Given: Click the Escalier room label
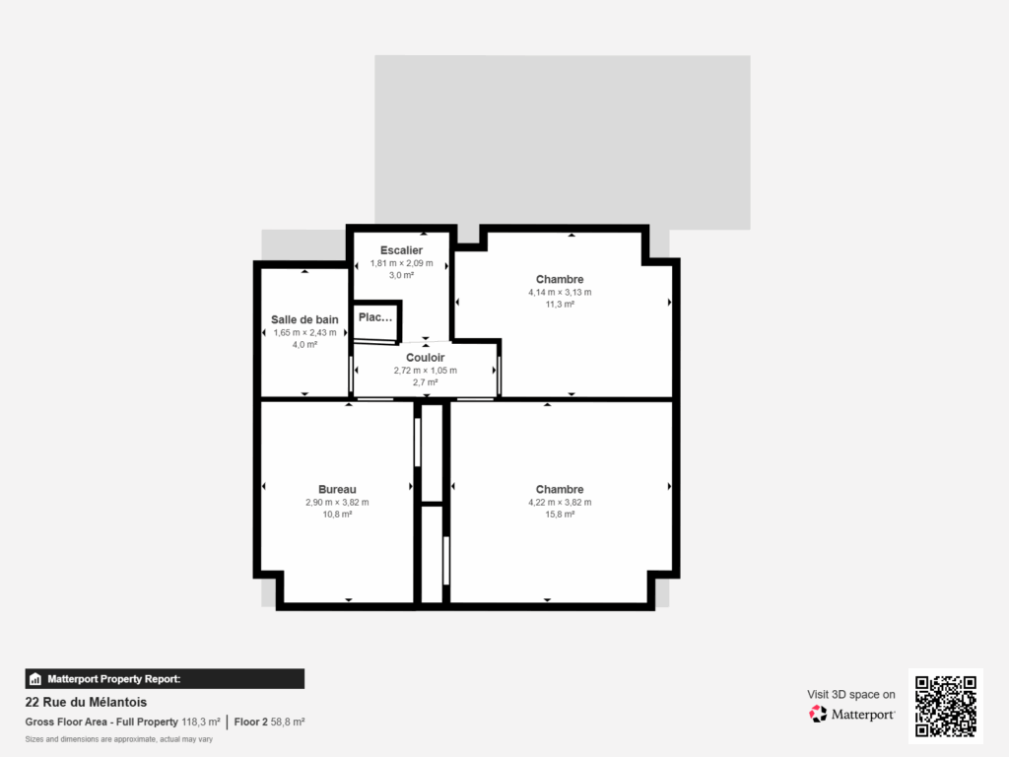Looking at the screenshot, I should [401, 250].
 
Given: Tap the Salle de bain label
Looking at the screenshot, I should [304, 319].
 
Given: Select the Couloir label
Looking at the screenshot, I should [425, 358].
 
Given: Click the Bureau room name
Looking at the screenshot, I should [337, 489].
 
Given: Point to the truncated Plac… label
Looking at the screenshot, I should [375, 317].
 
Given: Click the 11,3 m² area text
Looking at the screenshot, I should [560, 305].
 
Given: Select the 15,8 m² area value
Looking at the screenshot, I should [560, 515].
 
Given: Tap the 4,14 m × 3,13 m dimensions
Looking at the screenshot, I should [560, 292].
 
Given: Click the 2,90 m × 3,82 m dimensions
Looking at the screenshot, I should [337, 502].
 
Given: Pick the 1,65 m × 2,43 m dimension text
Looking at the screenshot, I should [304, 332].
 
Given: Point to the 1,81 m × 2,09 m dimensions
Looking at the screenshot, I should [401, 263].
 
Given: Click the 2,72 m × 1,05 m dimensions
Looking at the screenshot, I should [425, 371].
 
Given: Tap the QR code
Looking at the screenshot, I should [945, 706].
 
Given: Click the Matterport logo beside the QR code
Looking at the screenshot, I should [851, 714].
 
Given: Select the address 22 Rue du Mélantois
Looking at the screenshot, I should [86, 703].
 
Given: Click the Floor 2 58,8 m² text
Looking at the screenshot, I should [269, 723].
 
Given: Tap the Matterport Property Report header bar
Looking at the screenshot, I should [165, 678].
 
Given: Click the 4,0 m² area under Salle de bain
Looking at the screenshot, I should [304, 345].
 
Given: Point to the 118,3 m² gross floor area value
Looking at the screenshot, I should [201, 723].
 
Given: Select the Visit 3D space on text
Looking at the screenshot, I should [851, 694].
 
